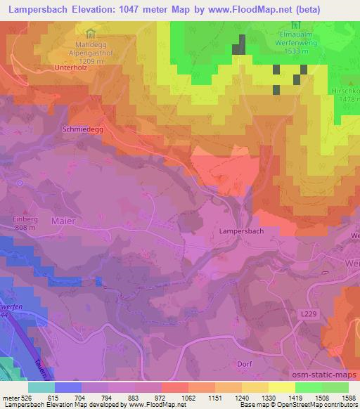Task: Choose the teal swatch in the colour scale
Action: (x=41, y=387)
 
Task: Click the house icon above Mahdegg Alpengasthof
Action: (x=89, y=33)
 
